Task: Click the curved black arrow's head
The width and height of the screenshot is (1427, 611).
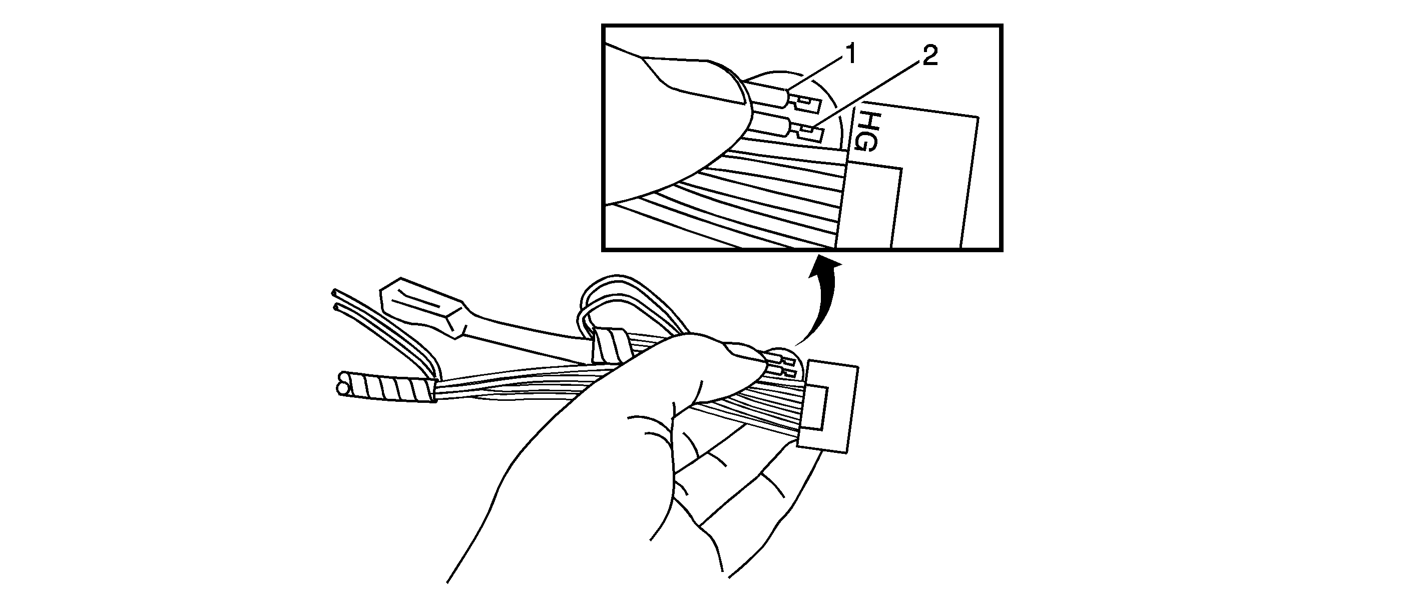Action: [826, 267]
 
